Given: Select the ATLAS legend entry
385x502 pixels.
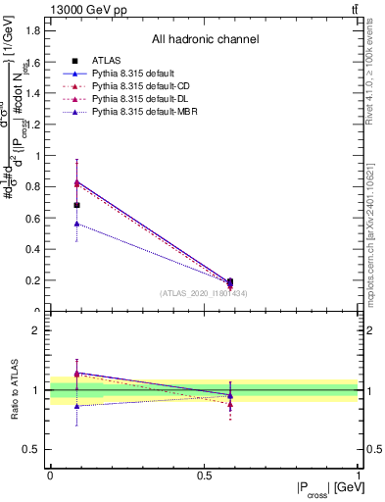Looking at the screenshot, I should tap(103, 61).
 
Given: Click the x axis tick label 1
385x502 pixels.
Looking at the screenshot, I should tap(358, 475).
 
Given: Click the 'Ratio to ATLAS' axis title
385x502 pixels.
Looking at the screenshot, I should tap(14, 389).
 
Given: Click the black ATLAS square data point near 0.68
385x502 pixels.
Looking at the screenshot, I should tap(77, 205).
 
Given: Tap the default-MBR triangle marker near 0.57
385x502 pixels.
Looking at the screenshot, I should tap(77, 224).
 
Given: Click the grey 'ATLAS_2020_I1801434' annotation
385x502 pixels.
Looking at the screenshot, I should tap(205, 293).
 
